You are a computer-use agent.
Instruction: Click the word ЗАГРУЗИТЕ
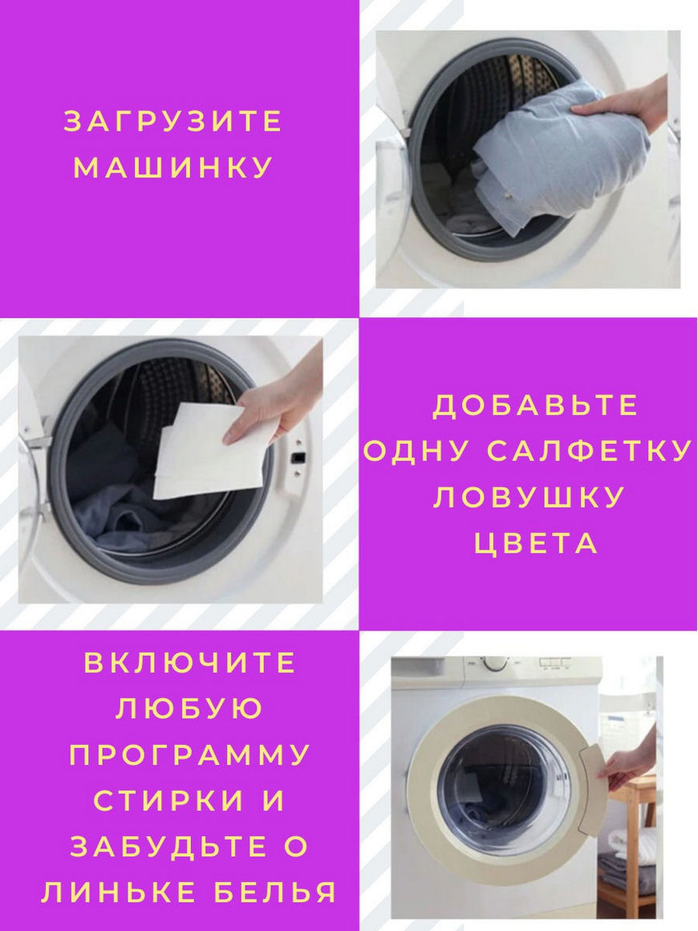(x=172, y=122)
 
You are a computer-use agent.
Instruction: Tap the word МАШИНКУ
(x=172, y=168)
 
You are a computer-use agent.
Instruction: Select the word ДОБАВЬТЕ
(x=536, y=405)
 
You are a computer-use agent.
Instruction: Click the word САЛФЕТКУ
(x=590, y=451)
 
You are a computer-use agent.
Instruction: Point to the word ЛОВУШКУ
(x=529, y=498)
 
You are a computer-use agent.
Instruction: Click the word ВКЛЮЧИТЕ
(x=190, y=663)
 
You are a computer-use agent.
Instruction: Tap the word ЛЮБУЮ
(x=190, y=709)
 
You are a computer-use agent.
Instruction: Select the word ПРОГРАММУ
(x=190, y=754)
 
